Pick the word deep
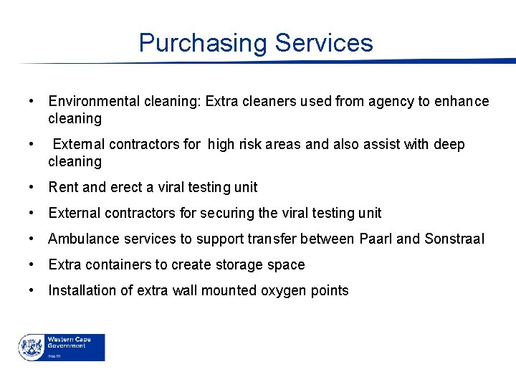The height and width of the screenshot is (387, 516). click(449, 145)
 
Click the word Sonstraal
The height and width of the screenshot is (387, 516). click(454, 239)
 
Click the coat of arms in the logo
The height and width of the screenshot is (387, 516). click(32, 347)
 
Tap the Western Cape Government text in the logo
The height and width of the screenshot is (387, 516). click(66, 342)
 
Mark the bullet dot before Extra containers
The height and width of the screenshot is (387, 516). click(32, 265)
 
